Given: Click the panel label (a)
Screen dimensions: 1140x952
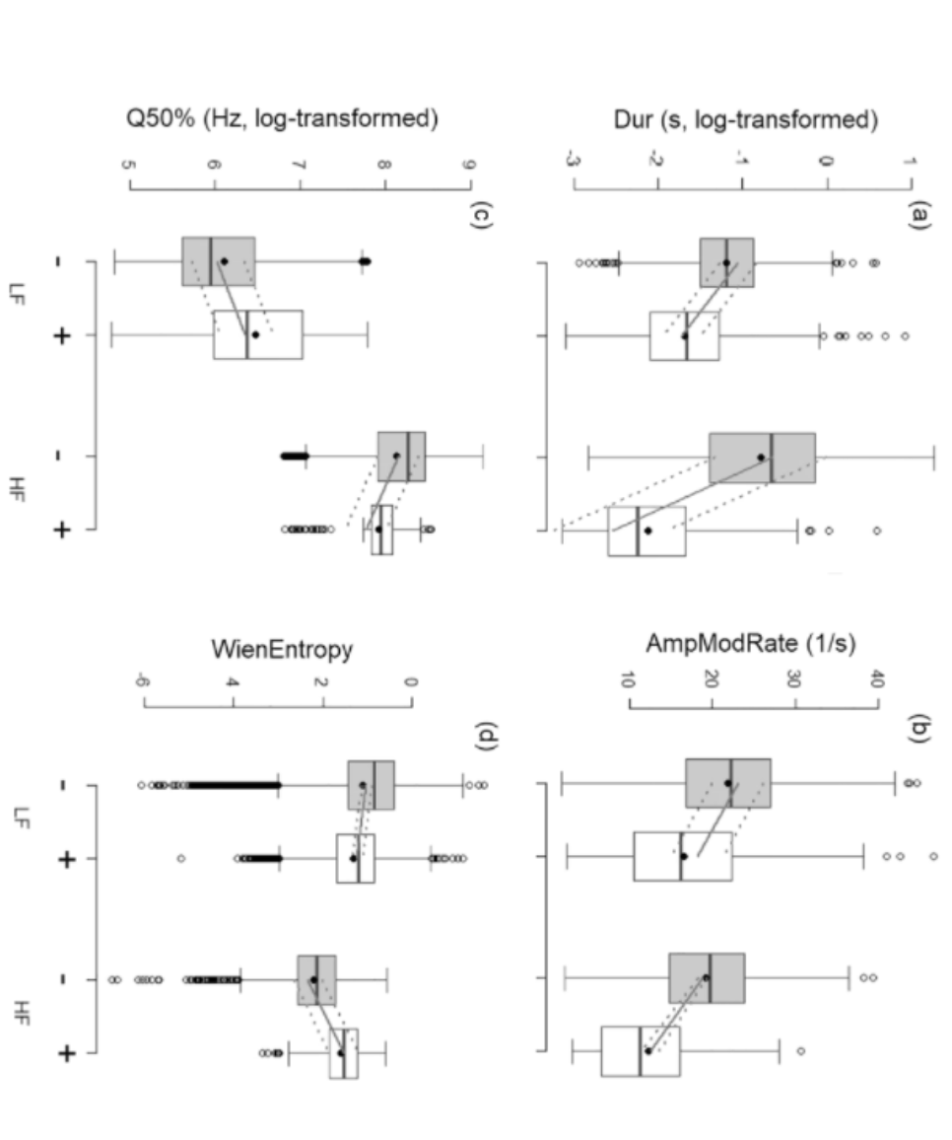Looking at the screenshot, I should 918,213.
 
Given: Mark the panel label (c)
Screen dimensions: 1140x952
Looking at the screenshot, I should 481,213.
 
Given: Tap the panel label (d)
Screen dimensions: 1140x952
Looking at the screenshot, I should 481,736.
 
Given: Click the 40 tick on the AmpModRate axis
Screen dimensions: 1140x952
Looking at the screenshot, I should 878,680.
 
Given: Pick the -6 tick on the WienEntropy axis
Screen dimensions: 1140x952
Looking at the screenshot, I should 143,680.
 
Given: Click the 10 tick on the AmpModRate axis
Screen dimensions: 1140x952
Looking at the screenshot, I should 629,680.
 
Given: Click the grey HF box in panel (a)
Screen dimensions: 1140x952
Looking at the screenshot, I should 762,457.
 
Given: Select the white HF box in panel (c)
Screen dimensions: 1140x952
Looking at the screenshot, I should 382,530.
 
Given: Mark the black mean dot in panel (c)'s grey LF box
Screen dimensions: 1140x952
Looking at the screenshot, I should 224,261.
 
